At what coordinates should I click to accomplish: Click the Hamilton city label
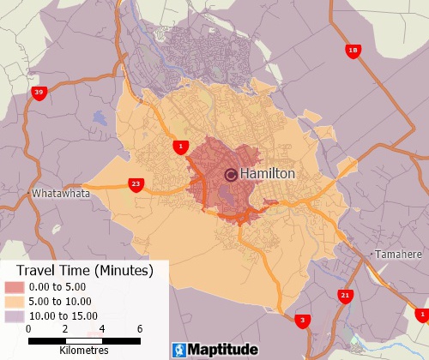268,174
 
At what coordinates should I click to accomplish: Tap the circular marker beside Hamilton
231,175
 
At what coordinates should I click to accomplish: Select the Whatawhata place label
60,194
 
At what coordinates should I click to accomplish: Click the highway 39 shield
39,93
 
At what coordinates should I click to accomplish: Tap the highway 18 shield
353,51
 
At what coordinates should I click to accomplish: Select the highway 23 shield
136,184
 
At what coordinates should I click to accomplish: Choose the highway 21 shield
345,296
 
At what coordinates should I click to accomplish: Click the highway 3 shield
302,321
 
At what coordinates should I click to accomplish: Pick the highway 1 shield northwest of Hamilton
179,147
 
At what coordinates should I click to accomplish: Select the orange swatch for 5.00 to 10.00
15,302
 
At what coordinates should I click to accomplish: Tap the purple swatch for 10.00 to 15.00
15,315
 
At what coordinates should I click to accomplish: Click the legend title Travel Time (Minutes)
84,271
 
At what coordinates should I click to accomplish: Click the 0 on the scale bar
28,329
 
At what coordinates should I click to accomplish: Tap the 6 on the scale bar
139,329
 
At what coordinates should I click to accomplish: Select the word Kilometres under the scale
84,351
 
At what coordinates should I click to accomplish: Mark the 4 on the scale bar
102,329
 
